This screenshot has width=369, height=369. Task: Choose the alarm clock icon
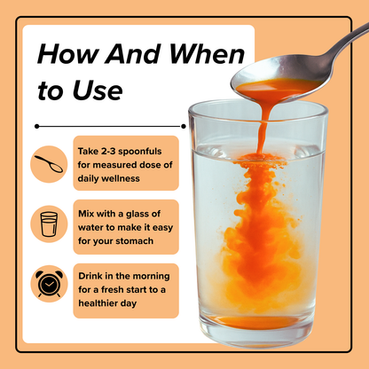48,284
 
